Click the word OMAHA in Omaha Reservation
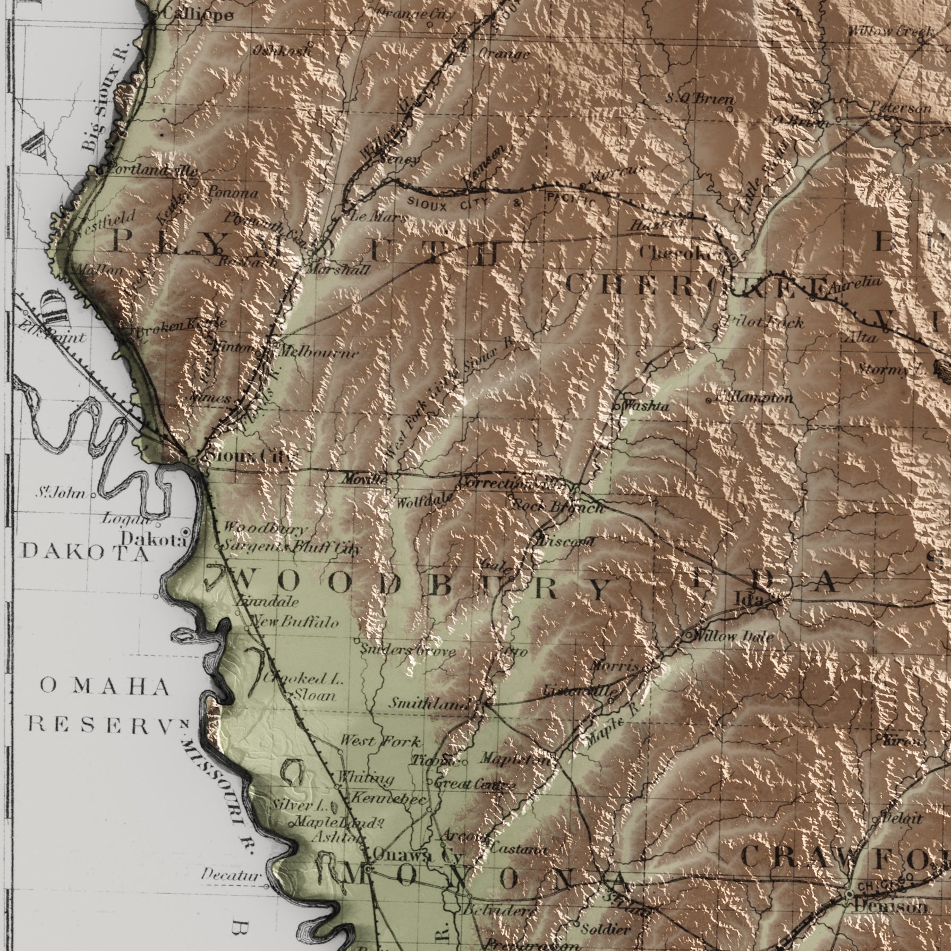tap(104, 687)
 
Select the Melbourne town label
tap(318, 352)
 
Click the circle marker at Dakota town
tap(185, 531)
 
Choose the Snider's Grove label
tap(407, 650)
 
